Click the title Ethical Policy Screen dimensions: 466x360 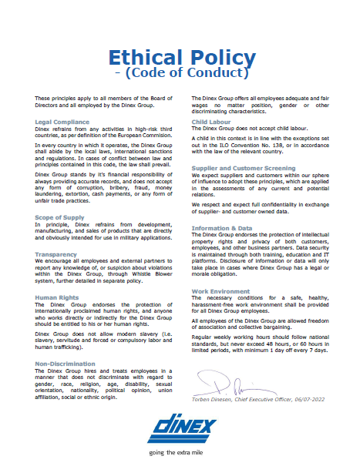(x=181, y=57)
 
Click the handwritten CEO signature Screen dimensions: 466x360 (x=231, y=378)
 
